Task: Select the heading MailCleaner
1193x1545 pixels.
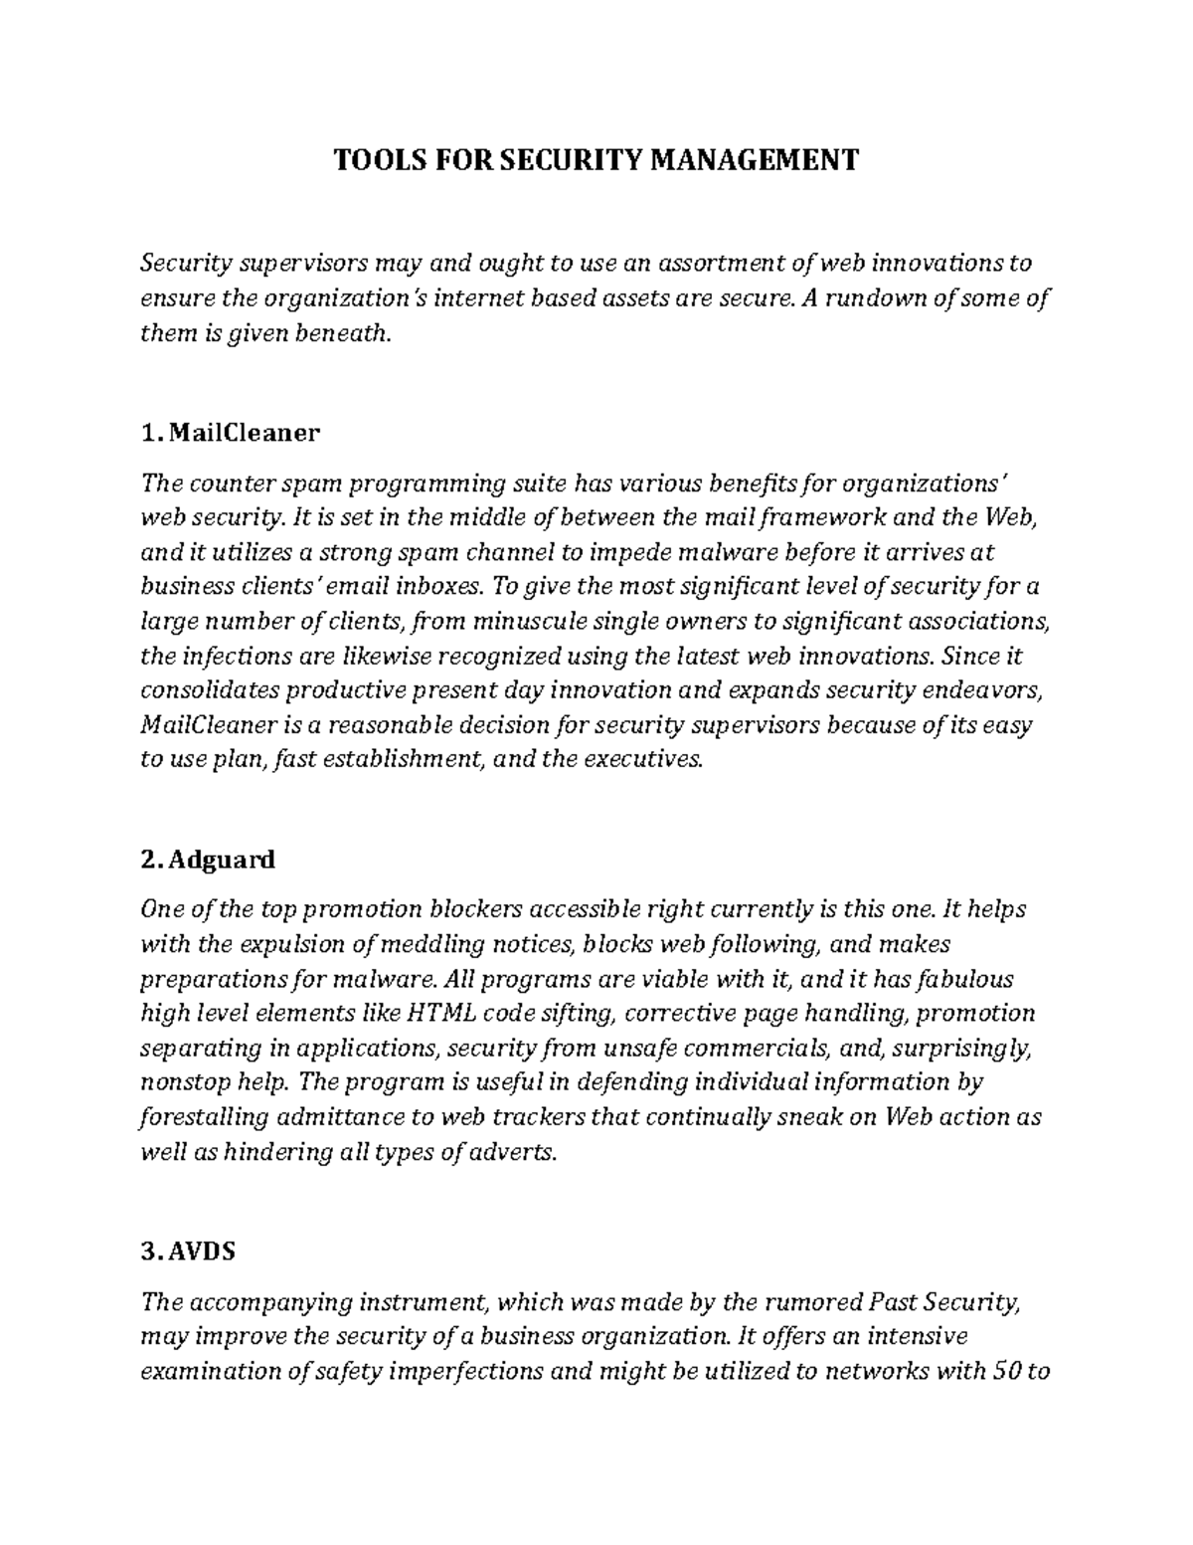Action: click(x=245, y=434)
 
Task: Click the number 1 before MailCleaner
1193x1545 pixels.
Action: click(x=149, y=434)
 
